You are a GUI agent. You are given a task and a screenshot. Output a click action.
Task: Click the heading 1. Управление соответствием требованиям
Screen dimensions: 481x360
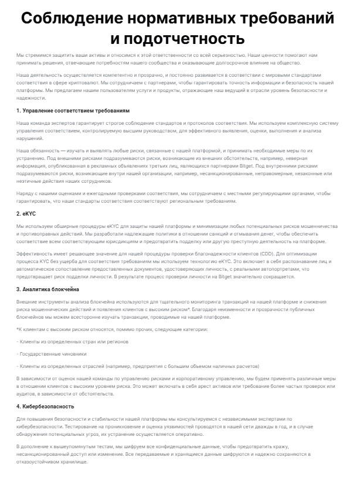[x=64, y=110]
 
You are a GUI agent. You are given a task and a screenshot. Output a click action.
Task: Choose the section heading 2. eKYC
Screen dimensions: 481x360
[x=27, y=214]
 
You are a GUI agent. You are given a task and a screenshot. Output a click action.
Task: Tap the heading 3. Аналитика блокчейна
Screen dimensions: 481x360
[x=47, y=289]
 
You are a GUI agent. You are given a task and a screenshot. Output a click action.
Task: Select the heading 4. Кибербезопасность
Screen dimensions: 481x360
[x=45, y=406]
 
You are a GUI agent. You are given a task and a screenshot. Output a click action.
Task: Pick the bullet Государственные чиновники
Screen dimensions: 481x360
[x=53, y=354]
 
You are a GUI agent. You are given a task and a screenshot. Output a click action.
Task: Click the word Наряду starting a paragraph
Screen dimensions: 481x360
[x=25, y=192]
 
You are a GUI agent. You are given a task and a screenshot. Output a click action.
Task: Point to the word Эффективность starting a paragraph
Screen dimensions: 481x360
[x=36, y=253]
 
